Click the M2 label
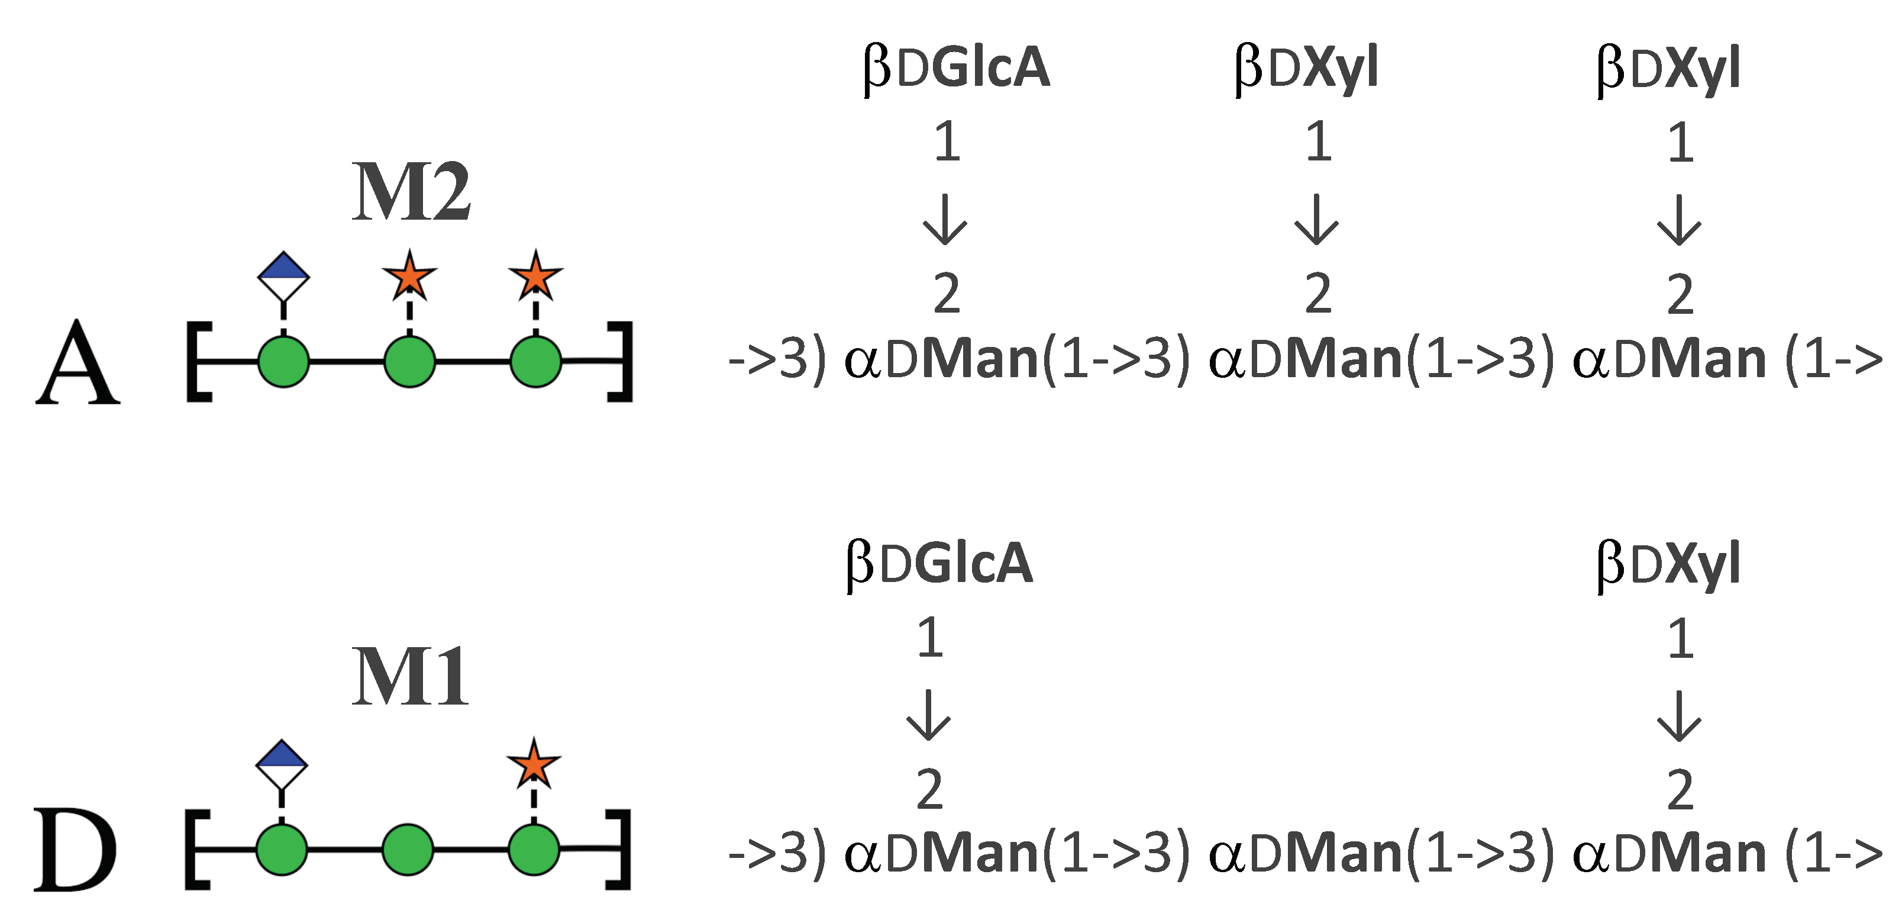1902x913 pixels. point(411,192)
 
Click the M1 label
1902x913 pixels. point(410,676)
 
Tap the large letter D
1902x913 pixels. point(75,850)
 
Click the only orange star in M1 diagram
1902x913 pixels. point(534,764)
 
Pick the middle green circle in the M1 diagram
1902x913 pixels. point(408,850)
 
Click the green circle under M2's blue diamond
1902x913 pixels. point(283,361)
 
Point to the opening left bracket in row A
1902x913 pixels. point(198,361)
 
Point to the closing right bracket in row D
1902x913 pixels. point(619,850)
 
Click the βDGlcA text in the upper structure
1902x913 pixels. point(956,68)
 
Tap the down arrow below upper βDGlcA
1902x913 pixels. point(946,220)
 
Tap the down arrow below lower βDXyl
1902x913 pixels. point(1680,716)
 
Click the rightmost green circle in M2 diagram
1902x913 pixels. point(535,361)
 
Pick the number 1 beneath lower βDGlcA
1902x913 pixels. point(929,638)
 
